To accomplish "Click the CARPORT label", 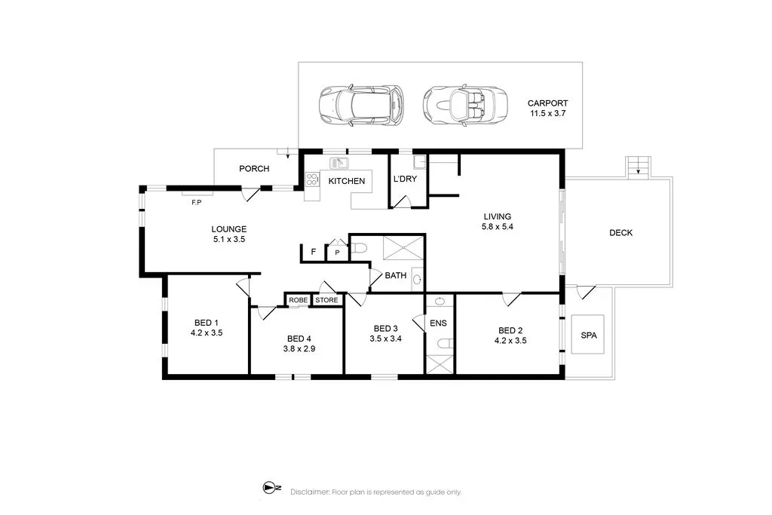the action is tap(547, 103).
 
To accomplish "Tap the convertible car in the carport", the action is tap(464, 106).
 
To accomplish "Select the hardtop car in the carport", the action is tap(361, 106).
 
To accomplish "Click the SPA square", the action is tap(588, 334).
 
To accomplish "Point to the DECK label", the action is tap(621, 233).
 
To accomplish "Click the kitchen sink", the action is tap(339, 162).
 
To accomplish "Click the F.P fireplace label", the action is tap(197, 202).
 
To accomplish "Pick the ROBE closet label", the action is tap(299, 300).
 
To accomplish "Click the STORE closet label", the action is tap(327, 300).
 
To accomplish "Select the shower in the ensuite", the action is tap(440, 364).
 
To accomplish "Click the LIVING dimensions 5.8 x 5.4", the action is tap(498, 227).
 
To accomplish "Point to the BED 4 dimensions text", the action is tap(299, 349).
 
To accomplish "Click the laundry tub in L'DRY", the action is tap(419, 162).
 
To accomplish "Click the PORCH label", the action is tap(254, 169).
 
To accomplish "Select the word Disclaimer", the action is tap(310, 492).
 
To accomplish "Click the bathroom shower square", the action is tap(403, 247).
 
